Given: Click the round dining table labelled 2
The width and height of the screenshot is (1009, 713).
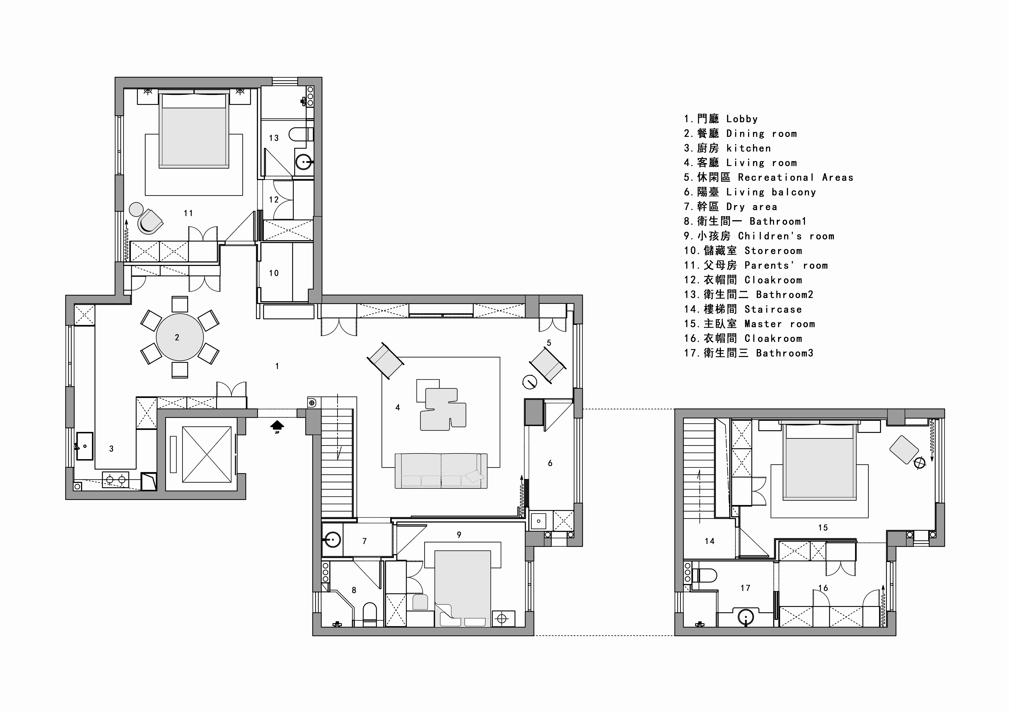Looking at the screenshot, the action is point(180,337).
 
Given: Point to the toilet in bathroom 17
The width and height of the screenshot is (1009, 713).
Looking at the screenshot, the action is point(704,575).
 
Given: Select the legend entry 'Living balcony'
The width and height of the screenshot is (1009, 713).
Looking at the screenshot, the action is point(750,192).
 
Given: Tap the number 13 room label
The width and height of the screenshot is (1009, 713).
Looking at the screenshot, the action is point(274,138).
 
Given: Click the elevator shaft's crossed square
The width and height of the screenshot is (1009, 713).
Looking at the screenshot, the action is point(207,454).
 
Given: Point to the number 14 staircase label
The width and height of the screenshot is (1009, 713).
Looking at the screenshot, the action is point(710,541).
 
